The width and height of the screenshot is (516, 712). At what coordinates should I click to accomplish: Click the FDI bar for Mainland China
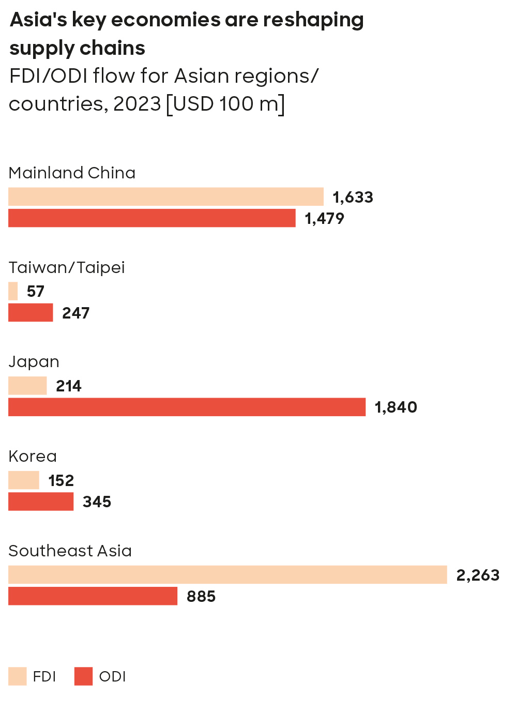165,196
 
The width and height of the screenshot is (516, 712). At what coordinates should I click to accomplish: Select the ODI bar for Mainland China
151,218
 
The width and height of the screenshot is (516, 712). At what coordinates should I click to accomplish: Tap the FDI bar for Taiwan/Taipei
13,291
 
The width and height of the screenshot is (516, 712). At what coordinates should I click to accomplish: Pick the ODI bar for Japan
187,407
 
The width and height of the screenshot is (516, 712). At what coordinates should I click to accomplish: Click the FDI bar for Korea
24,480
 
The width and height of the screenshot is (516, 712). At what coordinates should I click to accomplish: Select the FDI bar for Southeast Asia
227,574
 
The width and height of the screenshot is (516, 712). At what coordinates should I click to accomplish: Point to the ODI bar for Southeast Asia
93,596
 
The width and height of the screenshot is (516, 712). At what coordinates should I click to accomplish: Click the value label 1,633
353,197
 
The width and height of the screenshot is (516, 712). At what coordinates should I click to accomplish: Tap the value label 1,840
396,407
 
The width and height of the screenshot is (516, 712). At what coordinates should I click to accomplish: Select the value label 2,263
478,575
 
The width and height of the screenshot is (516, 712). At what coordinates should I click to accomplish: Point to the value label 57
36,292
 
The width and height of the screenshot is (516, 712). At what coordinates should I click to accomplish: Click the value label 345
97,502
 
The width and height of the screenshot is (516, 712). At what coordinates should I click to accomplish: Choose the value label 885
201,597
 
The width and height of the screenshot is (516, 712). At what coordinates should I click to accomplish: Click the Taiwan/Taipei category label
67,267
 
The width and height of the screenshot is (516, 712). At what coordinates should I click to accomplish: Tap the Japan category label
34,362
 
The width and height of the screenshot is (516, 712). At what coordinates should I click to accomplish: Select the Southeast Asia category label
70,551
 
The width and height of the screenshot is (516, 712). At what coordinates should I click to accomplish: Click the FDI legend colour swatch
18,676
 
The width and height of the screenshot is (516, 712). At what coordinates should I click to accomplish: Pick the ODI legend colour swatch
83,676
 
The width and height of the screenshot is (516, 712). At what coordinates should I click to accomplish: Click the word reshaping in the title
313,20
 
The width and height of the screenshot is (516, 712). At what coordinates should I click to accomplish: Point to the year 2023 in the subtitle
137,104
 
